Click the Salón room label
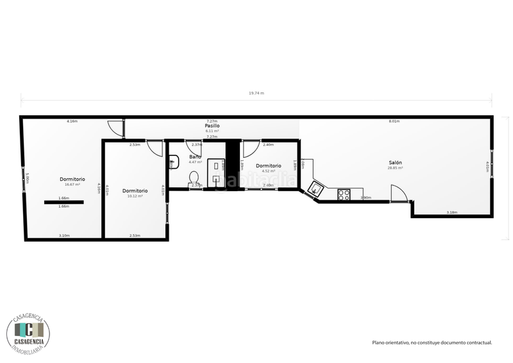395,163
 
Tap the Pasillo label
212,126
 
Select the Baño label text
195,156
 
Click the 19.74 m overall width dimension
256,93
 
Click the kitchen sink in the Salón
316,188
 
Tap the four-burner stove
344,193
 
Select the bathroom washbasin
173,162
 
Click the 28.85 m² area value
395,168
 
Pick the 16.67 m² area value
72,184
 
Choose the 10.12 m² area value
135,196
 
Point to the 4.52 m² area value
268,171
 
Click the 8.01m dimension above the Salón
394,121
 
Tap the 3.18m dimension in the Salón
452,212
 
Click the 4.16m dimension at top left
72,121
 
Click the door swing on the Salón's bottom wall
398,193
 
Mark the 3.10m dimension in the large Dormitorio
63,235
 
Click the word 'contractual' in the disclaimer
478,342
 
